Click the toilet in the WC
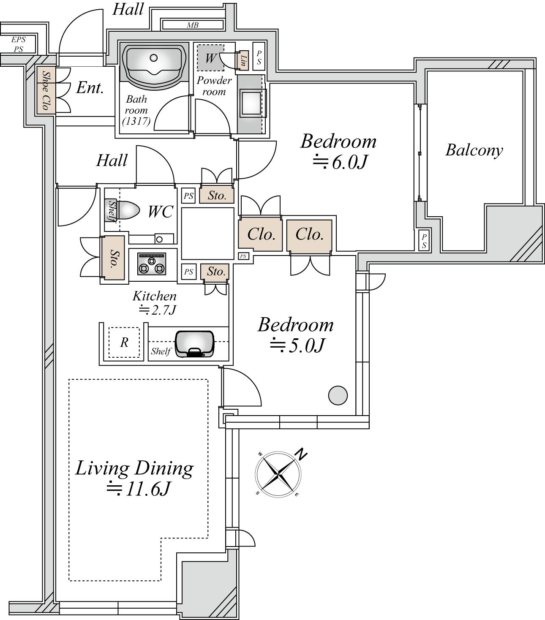[x=128, y=210]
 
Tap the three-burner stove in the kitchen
[x=152, y=264]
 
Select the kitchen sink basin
[x=194, y=344]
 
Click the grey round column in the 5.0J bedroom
[x=338, y=395]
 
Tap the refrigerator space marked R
[x=124, y=342]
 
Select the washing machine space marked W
[x=210, y=57]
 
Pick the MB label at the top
[x=193, y=25]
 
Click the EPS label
[x=18, y=39]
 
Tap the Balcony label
[x=474, y=150]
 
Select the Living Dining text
[x=134, y=468]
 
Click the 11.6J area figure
[x=139, y=489]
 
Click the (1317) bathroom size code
[x=136, y=122]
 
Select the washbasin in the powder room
[x=251, y=103]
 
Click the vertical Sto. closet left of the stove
[x=114, y=257]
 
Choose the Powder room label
[x=214, y=86]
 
